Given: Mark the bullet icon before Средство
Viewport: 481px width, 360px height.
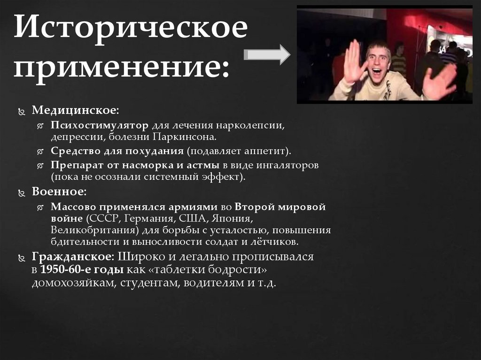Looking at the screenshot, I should coord(41,152).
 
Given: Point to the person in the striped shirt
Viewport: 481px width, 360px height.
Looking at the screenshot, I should coord(399,61).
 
